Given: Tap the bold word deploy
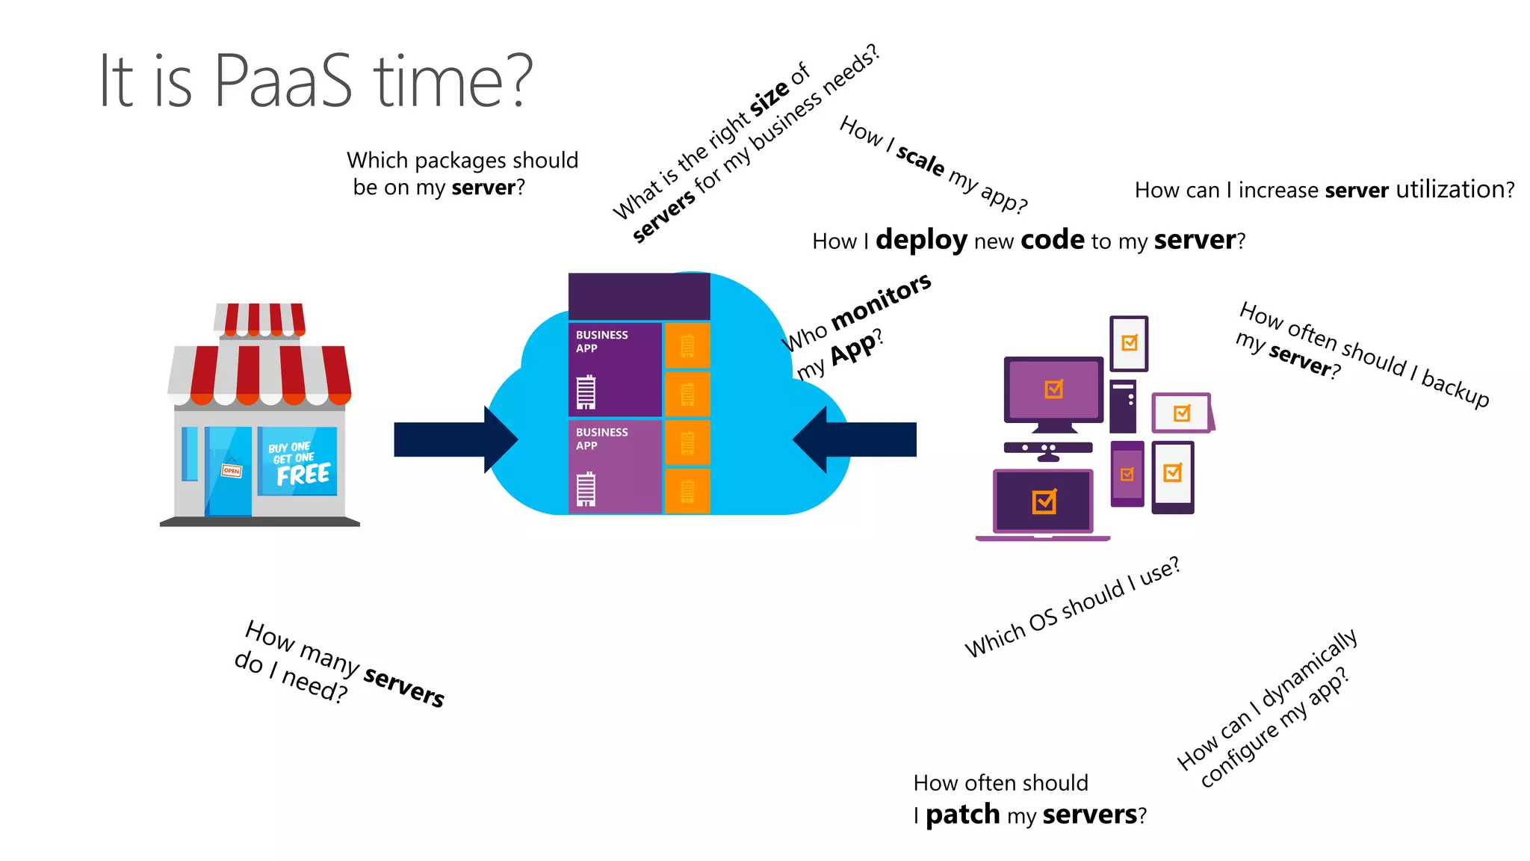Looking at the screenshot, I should click(921, 241).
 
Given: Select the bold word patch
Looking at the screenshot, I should click(961, 815).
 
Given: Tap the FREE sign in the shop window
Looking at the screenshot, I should click(303, 474).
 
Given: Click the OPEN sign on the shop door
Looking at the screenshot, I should click(232, 470).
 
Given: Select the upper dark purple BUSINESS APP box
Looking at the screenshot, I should click(614, 369).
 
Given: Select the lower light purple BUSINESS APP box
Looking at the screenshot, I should click(614, 466).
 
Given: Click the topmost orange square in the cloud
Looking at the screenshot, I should click(687, 345).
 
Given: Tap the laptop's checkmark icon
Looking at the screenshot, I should click(1044, 502).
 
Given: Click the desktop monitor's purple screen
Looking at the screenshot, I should click(1053, 389).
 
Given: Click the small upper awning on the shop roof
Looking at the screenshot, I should click(259, 320).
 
